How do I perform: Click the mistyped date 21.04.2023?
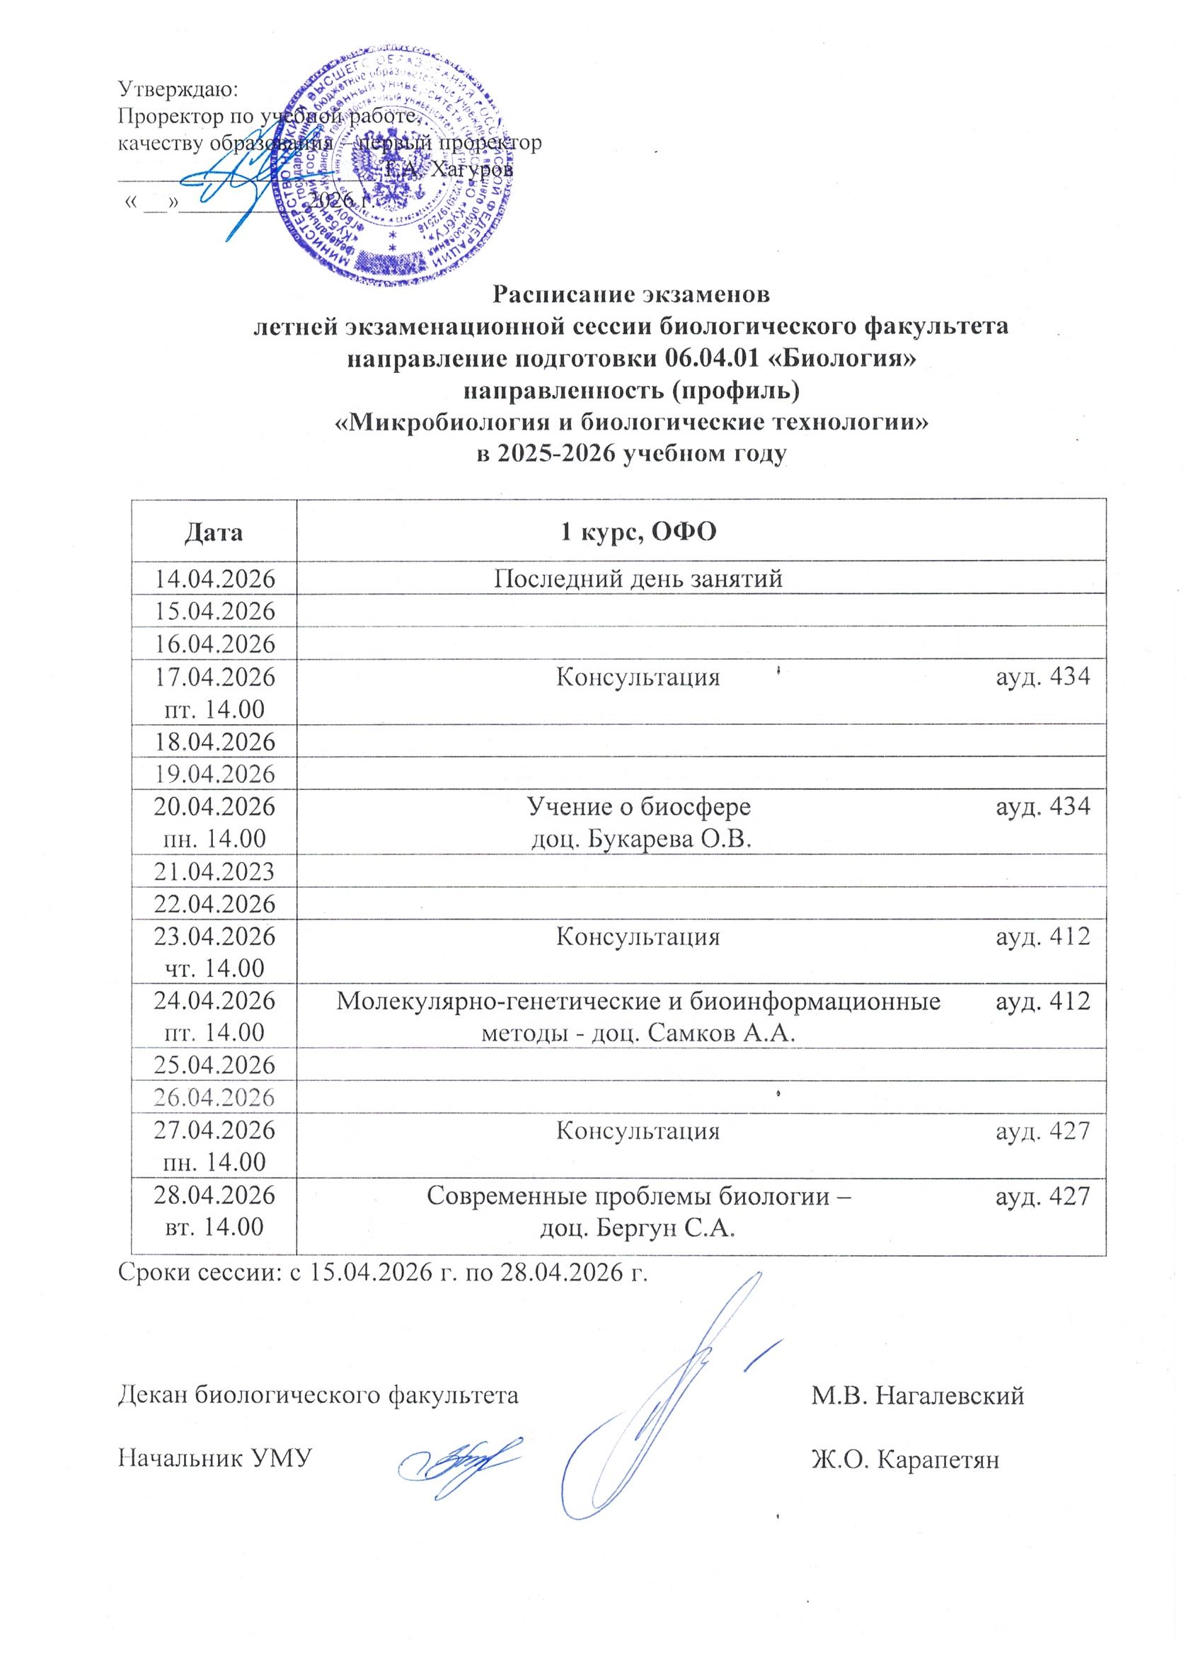[214, 872]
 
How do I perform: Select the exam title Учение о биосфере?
[638, 807]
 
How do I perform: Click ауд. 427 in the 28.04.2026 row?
[1042, 1197]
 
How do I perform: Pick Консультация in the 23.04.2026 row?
[638, 938]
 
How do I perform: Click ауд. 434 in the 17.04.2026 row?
[1042, 678]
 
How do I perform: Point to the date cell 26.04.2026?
[214, 1097]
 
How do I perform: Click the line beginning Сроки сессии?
[383, 1273]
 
